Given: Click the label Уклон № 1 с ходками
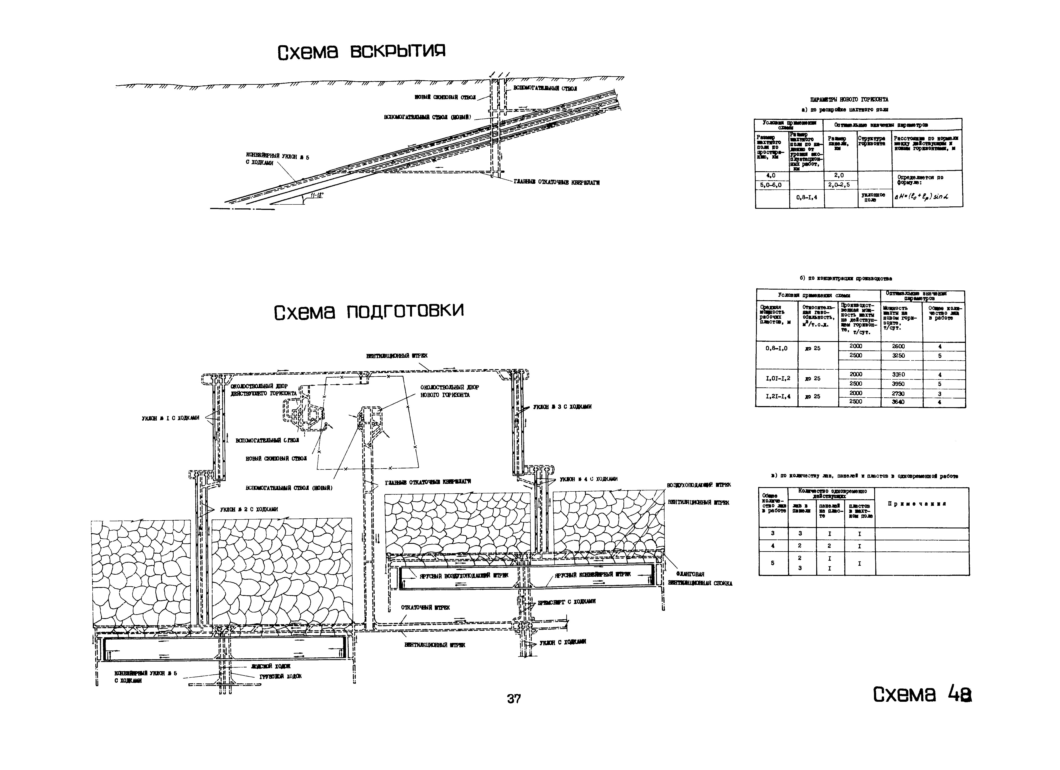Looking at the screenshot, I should coord(171,418).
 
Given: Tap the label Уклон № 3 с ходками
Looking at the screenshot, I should coord(562,407).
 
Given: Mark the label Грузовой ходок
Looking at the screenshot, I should coord(280,676).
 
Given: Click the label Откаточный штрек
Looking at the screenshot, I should coord(425,607).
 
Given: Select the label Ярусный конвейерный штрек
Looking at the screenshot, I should coord(593,574).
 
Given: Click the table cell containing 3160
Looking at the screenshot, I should coord(898,375).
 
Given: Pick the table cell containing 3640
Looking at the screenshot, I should coord(898,402).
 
